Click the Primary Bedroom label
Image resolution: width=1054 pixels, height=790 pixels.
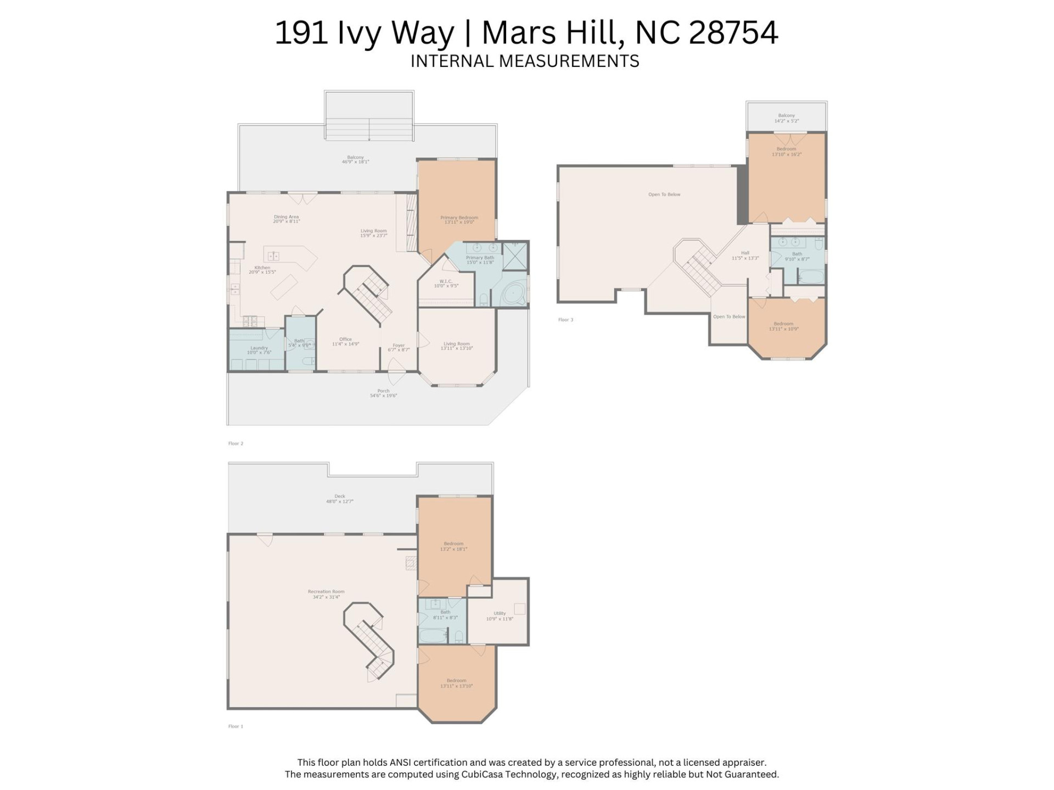point(459,218)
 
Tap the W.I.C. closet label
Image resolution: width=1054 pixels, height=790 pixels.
point(446,281)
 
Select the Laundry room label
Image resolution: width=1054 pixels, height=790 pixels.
point(259,348)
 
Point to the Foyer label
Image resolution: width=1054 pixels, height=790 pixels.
point(399,346)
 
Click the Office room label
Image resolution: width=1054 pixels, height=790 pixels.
point(345,340)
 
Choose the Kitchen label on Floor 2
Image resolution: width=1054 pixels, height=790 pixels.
point(262,268)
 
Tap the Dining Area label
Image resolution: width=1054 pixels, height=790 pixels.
point(286,217)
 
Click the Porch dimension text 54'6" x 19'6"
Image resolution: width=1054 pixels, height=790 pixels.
point(383,396)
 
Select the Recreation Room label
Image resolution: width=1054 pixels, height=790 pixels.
point(326,591)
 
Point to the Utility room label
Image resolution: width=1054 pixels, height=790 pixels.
point(500,613)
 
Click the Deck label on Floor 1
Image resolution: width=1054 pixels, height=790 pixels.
point(340,496)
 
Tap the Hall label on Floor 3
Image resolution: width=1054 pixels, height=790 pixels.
point(745,253)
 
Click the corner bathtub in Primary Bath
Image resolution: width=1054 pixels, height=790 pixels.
point(514,295)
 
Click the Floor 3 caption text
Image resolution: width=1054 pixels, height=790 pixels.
point(565,320)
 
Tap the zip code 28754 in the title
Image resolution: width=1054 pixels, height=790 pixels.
point(733,33)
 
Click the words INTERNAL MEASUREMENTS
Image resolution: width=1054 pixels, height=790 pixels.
point(525,61)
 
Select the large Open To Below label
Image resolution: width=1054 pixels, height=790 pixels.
point(664,194)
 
